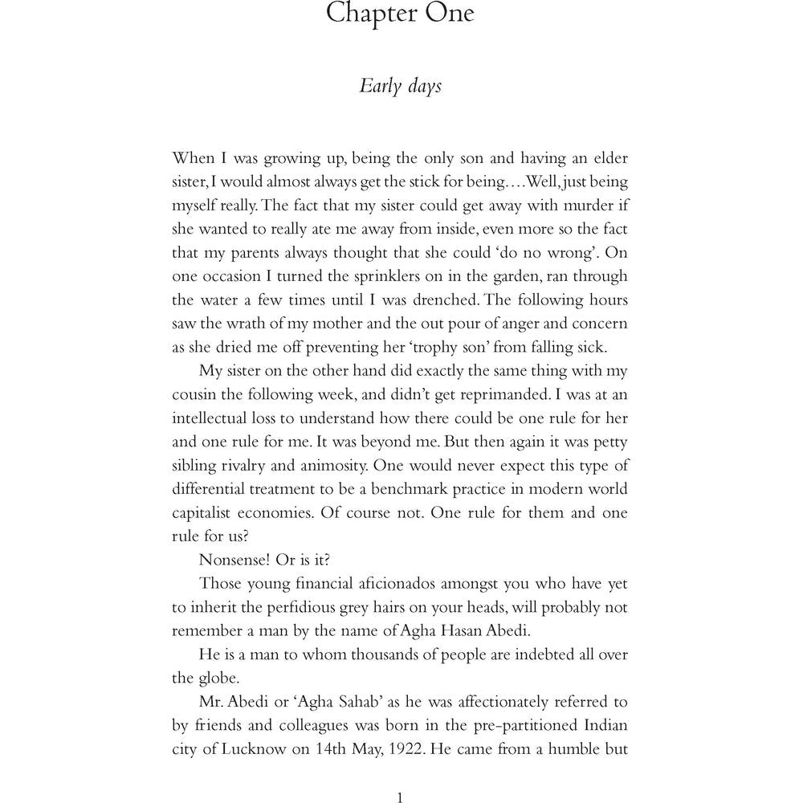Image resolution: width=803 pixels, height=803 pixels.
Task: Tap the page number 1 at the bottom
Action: click(400, 797)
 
